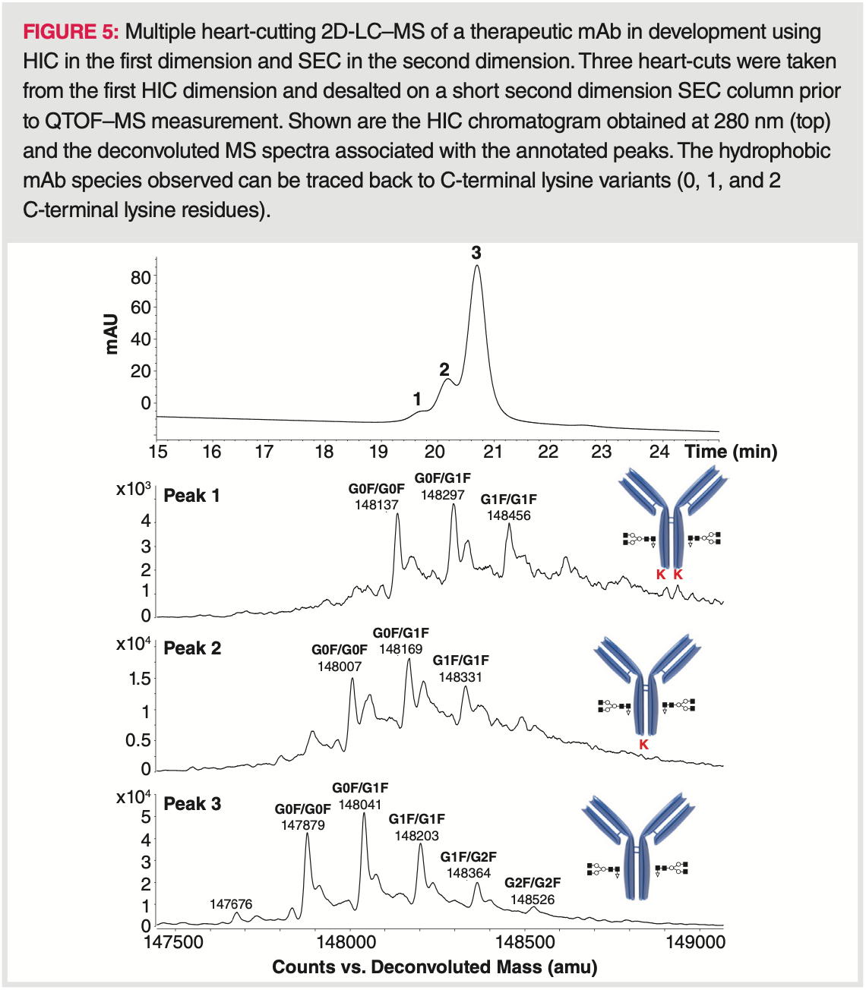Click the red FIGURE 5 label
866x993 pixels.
pos(71,32)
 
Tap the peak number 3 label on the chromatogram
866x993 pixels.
pos(476,253)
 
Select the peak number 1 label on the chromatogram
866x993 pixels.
pos(417,399)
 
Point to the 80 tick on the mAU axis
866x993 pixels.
pos(141,277)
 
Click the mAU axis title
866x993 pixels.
pos(112,333)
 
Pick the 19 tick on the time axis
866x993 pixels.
pos(378,452)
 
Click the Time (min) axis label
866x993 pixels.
pos(731,452)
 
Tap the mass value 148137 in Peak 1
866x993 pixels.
pos(377,505)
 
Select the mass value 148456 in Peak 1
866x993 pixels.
pos(509,515)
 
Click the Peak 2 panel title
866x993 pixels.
pos(192,648)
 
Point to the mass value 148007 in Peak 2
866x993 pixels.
pos(340,667)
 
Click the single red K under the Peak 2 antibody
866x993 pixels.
pos(643,745)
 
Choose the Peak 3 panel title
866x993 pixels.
pos(192,803)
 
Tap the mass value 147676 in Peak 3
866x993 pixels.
pos(231,904)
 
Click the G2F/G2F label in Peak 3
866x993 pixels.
pos(533,883)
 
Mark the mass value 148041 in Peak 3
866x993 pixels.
pos(360,805)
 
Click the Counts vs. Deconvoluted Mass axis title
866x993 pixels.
pos(435,967)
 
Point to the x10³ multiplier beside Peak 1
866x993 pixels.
pos(133,489)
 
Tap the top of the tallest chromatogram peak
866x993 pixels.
pos(476,266)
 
